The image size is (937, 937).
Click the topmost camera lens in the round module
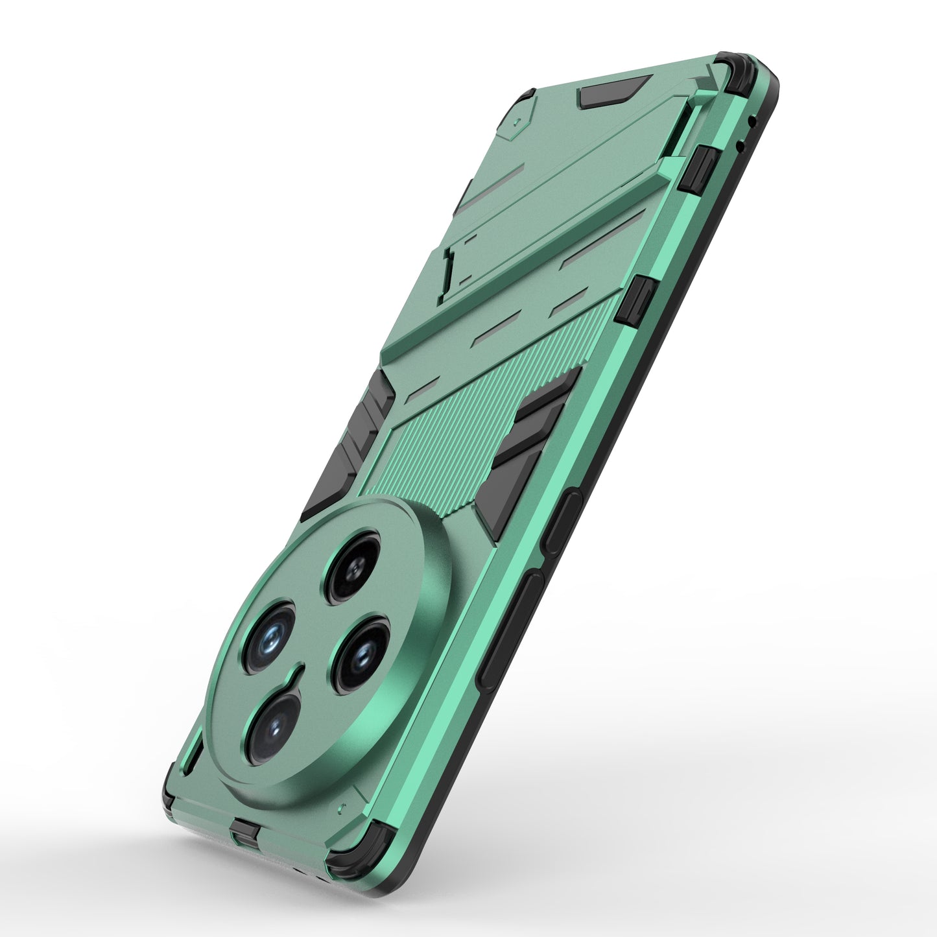tap(353, 568)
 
